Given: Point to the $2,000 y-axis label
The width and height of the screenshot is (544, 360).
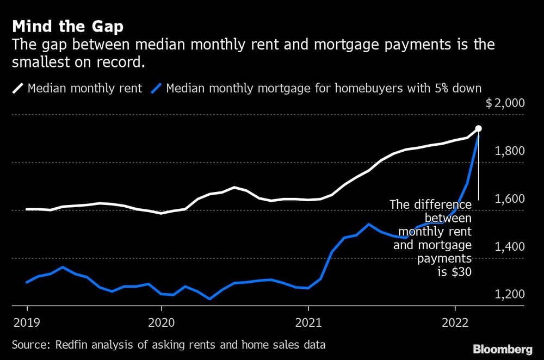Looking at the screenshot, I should click(x=505, y=103).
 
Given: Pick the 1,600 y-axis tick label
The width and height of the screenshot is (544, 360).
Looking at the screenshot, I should click(x=510, y=198).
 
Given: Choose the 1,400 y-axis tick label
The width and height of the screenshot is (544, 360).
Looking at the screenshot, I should click(x=510, y=246).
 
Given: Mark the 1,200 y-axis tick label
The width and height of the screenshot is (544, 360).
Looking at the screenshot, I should click(x=510, y=294).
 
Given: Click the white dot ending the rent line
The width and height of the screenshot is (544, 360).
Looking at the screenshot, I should click(x=479, y=129).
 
